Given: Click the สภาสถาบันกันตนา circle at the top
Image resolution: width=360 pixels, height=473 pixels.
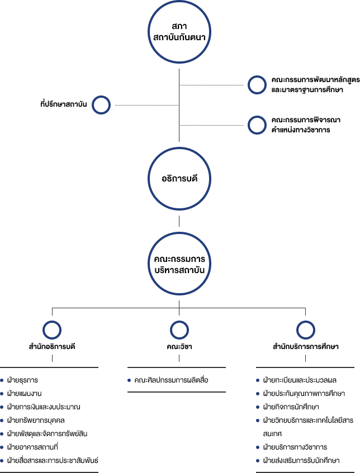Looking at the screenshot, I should [x=178, y=32].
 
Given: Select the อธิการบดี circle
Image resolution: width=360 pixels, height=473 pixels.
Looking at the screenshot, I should [x=178, y=179].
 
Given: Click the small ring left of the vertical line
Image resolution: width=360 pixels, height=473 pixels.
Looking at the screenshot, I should [x=101, y=105].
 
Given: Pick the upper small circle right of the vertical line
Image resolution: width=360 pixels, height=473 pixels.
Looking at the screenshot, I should [x=257, y=85].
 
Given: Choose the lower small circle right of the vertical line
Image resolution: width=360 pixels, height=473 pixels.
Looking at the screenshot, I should [x=257, y=125].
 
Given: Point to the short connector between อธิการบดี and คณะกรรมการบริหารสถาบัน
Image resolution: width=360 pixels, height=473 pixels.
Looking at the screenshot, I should [x=179, y=221].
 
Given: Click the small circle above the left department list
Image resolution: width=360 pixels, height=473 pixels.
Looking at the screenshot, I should [x=52, y=330].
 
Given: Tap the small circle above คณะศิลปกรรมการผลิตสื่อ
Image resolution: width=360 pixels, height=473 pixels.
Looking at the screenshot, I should [x=179, y=330].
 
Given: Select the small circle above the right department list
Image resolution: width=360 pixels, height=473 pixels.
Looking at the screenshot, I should [x=306, y=330].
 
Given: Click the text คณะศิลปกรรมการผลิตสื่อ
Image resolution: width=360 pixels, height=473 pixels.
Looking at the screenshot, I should [x=171, y=380].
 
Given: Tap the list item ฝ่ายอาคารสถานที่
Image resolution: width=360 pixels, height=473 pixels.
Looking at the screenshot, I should [x=33, y=447].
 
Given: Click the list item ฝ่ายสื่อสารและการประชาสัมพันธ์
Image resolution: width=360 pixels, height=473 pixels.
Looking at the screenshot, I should [x=53, y=460].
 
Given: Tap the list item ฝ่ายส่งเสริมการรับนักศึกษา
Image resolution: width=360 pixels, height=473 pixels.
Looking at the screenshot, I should [x=301, y=461].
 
